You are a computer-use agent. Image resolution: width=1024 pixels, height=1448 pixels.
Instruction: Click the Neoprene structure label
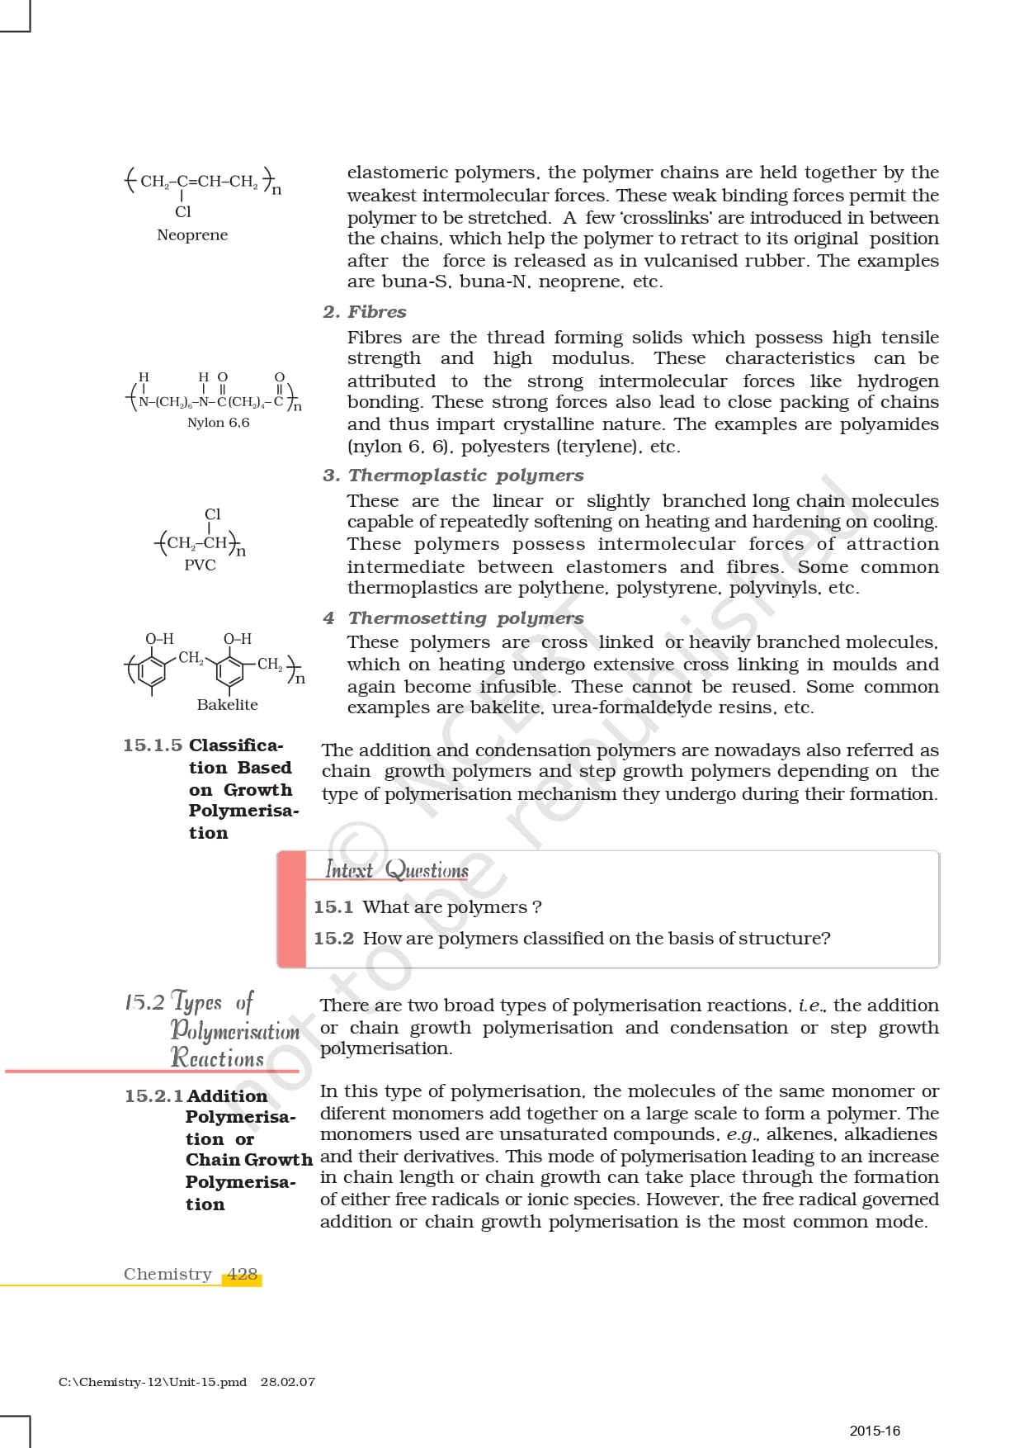[x=192, y=235]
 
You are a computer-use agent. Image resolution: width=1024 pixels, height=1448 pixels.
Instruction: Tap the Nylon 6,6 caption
[x=218, y=423]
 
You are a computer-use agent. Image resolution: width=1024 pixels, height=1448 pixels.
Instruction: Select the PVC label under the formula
[x=200, y=565]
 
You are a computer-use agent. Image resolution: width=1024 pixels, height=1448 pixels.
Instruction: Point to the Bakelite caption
[x=227, y=705]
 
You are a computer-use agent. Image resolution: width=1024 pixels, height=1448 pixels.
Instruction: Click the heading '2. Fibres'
[x=365, y=312]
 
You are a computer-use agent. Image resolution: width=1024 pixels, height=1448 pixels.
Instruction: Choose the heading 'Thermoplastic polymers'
[x=465, y=476]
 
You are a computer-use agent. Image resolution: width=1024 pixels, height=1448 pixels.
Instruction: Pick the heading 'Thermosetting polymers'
[x=465, y=618]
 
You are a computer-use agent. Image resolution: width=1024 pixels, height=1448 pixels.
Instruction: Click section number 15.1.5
[x=153, y=745]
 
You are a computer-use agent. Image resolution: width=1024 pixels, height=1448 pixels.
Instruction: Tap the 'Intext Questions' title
[x=397, y=870]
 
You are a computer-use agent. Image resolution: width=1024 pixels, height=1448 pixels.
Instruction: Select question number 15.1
[x=333, y=907]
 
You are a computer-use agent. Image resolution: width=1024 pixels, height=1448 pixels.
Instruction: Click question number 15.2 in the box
[x=333, y=939]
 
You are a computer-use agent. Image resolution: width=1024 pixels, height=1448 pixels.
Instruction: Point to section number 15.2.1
[x=153, y=1096]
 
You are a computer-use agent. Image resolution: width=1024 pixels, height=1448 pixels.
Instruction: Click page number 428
[x=242, y=1275]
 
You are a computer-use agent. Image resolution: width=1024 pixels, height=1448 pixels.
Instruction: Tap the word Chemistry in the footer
[x=168, y=1275]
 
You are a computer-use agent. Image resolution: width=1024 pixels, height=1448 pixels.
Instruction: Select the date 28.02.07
[x=287, y=1382]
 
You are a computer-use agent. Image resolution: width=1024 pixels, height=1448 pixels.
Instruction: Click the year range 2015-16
[x=875, y=1431]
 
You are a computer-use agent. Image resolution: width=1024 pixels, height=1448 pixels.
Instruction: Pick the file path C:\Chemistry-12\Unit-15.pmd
[x=153, y=1382]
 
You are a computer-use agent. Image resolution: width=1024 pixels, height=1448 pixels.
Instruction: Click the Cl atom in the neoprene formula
[x=182, y=212]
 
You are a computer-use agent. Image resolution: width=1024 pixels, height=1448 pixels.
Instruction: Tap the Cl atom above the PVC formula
[x=212, y=514]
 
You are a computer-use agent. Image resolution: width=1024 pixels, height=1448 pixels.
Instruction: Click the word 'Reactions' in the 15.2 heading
[x=217, y=1058]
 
